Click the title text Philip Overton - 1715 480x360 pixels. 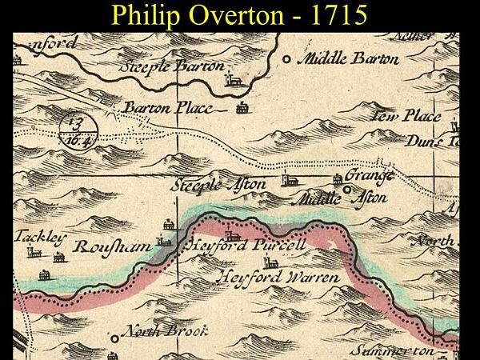tap(240, 15)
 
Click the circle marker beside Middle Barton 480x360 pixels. tap(288, 58)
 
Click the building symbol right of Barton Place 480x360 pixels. tap(242, 108)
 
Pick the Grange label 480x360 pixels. tap(374, 175)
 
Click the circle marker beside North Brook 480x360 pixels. tap(115, 338)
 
